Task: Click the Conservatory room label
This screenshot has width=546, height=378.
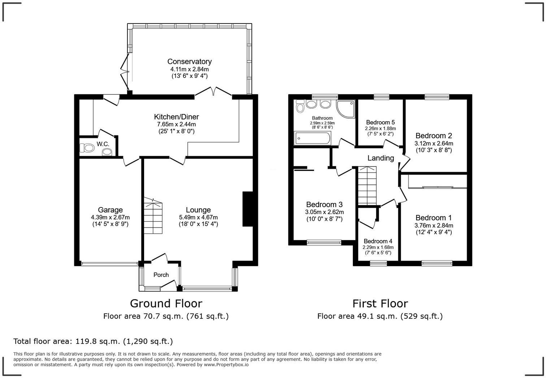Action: [x=189, y=62]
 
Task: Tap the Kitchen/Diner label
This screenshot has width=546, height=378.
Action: [x=176, y=117]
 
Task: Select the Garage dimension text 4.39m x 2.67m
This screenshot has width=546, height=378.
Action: [x=110, y=217]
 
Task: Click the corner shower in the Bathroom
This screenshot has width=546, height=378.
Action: [x=345, y=107]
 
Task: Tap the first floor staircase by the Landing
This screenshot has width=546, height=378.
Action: [x=367, y=186]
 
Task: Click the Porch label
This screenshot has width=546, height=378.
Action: [x=161, y=275]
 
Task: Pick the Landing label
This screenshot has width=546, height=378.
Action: [x=381, y=158]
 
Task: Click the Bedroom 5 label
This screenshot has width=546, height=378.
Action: [x=380, y=122]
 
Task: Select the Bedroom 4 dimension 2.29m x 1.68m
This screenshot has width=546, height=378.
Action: [x=378, y=247]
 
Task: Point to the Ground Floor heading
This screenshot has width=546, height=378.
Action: [x=166, y=303]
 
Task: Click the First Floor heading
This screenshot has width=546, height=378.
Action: [x=380, y=303]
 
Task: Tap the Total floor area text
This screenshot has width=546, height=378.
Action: [x=93, y=341]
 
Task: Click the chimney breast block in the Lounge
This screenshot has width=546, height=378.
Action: [x=248, y=209]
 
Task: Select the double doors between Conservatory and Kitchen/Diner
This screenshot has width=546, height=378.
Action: [x=213, y=92]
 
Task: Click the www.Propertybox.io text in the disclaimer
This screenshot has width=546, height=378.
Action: [x=226, y=365]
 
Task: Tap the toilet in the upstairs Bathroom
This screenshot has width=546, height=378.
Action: [x=299, y=106]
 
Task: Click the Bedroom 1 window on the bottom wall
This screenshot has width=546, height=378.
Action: [x=437, y=264]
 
